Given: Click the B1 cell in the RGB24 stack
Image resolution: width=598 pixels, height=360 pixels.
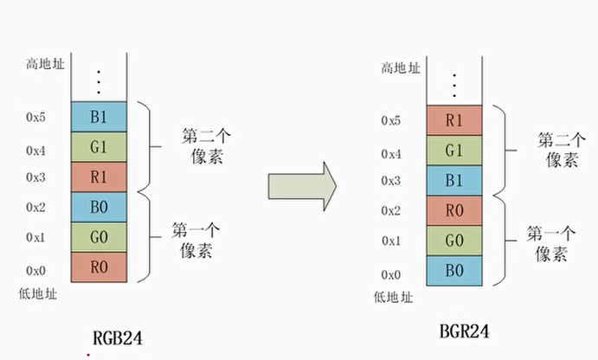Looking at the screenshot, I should (98, 115).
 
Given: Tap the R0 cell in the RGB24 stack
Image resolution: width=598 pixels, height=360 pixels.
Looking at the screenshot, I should (98, 267).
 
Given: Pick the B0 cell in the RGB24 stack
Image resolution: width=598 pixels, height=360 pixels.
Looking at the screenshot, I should (98, 206).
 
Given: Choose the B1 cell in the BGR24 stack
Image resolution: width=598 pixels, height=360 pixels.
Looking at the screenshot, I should (454, 181).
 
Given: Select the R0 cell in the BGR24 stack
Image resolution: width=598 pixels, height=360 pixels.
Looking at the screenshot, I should (454, 210).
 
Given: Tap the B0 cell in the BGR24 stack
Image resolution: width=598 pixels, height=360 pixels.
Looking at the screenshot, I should (454, 271).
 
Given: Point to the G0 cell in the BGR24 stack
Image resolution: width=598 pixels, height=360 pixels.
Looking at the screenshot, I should (454, 241).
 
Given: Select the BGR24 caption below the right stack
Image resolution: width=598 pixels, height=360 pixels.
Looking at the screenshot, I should (468, 331).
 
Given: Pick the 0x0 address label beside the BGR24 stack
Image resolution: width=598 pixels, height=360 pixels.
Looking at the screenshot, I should (390, 274).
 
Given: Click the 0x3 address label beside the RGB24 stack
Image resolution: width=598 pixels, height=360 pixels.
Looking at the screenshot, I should (35, 177).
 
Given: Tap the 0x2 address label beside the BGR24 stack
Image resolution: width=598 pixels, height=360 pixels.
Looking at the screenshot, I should (390, 210).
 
